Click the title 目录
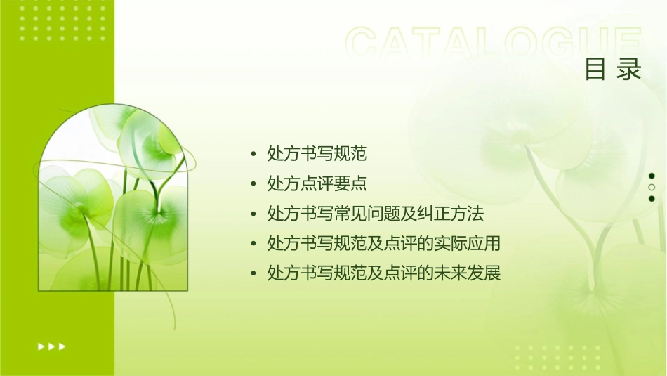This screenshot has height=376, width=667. tap(613, 70)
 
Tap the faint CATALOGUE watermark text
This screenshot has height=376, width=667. tap(494, 44)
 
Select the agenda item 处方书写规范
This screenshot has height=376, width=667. tap(317, 153)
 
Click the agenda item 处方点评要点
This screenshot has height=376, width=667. tap(317, 183)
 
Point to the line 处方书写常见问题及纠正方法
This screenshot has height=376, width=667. tap(376, 213)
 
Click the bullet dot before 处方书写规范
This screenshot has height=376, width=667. tap(253, 154)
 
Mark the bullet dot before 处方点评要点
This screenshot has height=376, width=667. tap(253, 184)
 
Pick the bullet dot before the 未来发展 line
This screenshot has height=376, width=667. tap(253, 273)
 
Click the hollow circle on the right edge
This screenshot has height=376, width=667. tap(652, 188)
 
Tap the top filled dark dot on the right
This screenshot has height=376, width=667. tap(652, 176)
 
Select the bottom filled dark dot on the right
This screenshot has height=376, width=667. tap(652, 199)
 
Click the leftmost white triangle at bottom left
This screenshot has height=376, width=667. tap(41, 346)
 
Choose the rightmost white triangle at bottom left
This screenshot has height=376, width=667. tap(62, 346)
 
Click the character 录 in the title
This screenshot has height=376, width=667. tap(630, 70)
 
